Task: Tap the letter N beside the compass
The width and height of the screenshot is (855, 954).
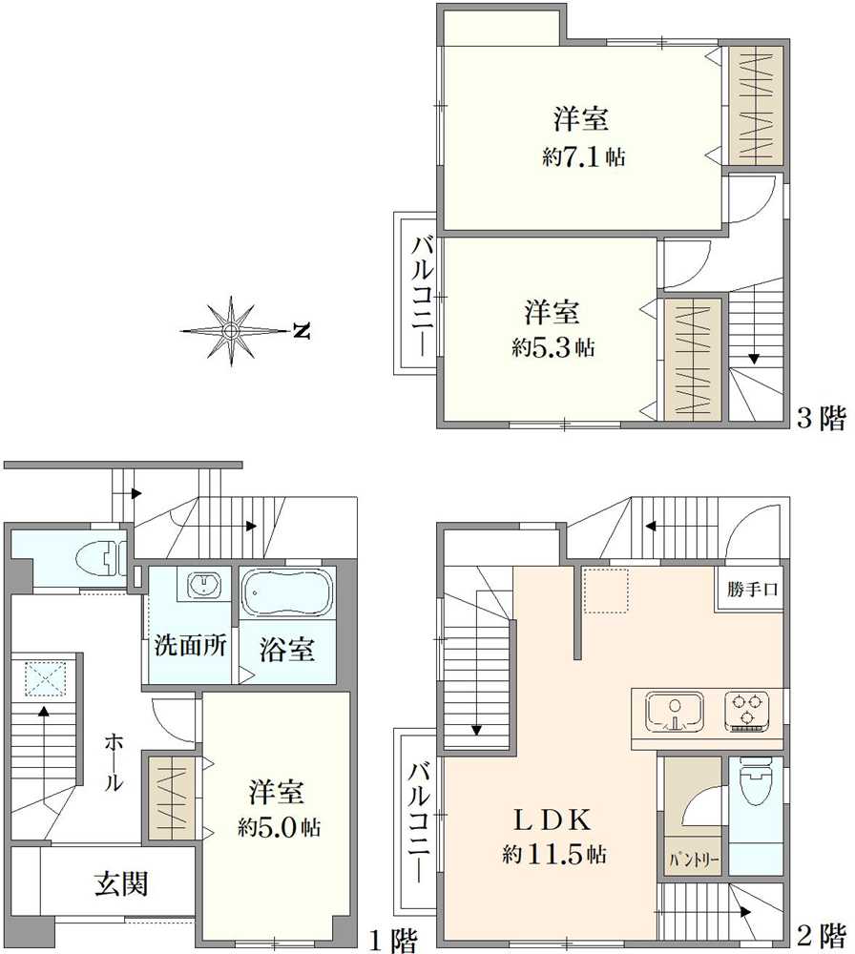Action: (302, 332)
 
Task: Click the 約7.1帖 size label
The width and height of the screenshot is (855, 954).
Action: (583, 157)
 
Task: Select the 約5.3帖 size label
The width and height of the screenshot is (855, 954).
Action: (553, 348)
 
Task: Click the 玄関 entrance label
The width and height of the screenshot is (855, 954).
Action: (121, 884)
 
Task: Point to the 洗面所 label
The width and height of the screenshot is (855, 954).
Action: (190, 646)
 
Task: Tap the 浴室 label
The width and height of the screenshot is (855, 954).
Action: (287, 650)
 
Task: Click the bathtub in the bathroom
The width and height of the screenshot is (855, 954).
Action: (286, 593)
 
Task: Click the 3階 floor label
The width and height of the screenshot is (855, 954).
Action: (820, 419)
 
